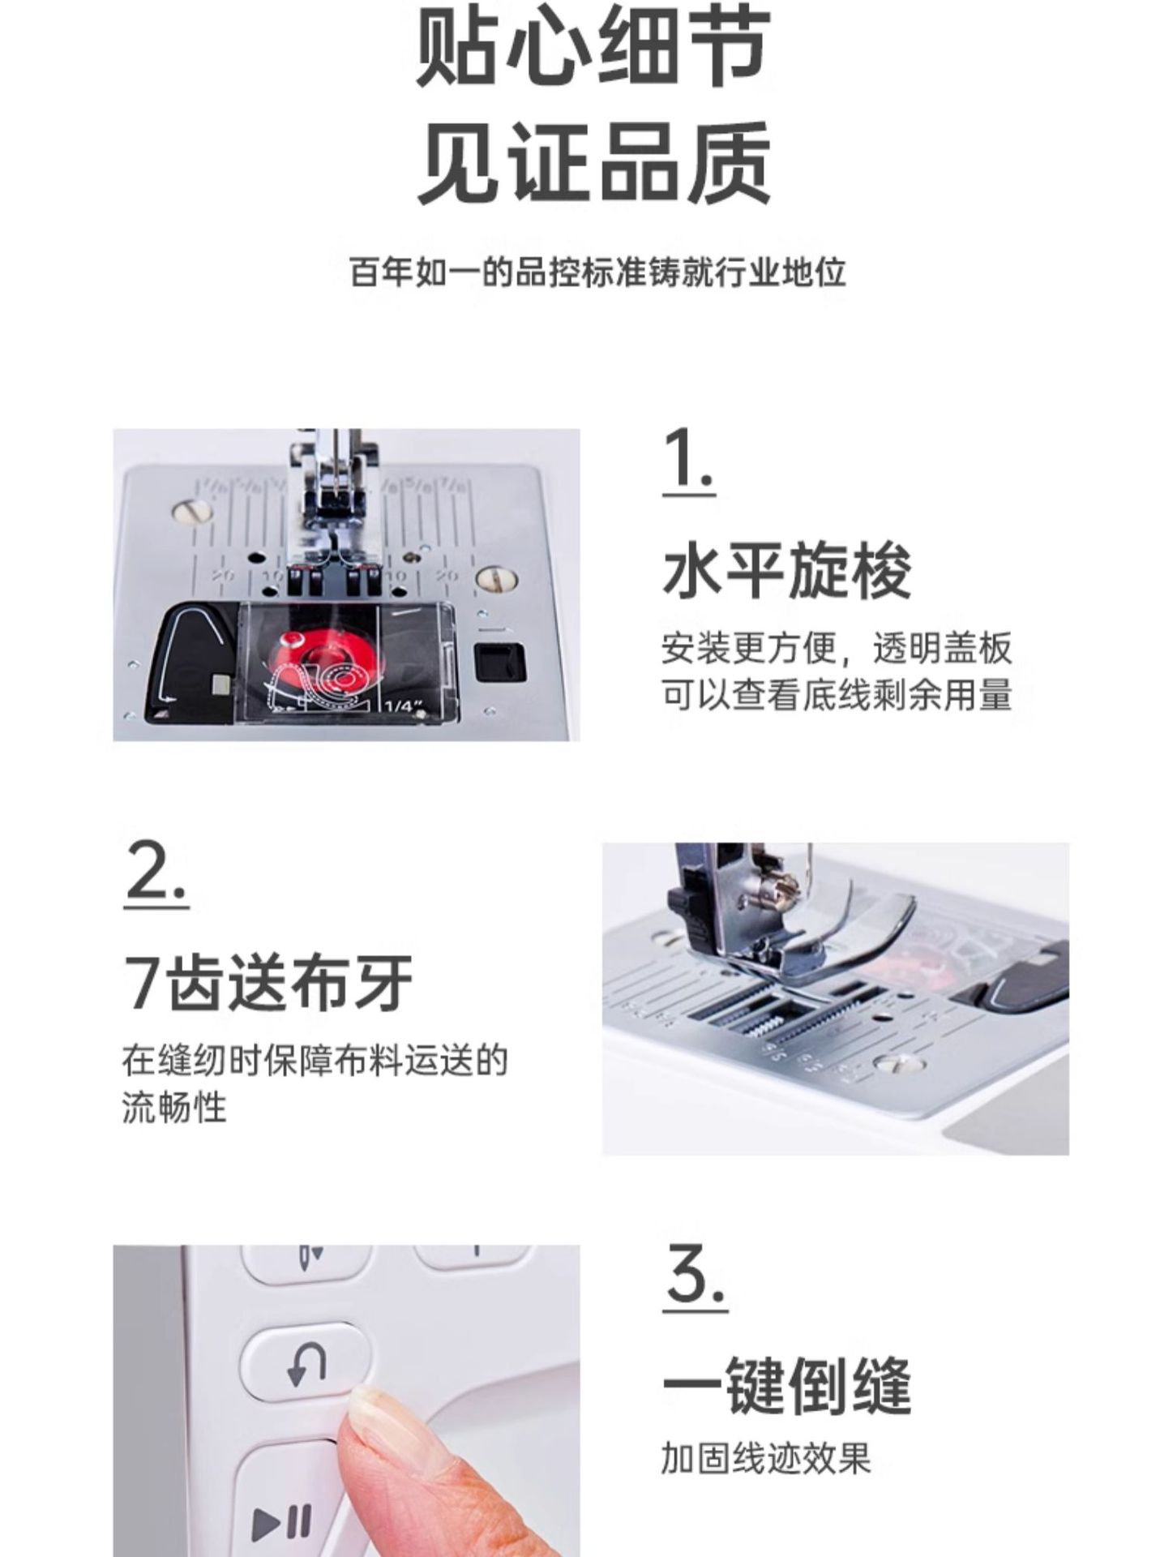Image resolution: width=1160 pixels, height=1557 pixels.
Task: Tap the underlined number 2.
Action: point(157,874)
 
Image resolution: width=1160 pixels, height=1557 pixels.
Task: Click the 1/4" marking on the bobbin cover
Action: point(404,706)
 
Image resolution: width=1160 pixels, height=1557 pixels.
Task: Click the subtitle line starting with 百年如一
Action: point(597,272)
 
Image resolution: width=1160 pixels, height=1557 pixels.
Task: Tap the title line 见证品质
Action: point(593,162)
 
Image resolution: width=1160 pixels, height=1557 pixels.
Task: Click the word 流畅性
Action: point(174,1107)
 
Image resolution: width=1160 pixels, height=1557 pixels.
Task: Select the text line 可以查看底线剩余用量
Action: point(836,696)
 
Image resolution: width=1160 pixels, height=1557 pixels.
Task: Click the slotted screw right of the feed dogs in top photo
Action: point(496,578)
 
